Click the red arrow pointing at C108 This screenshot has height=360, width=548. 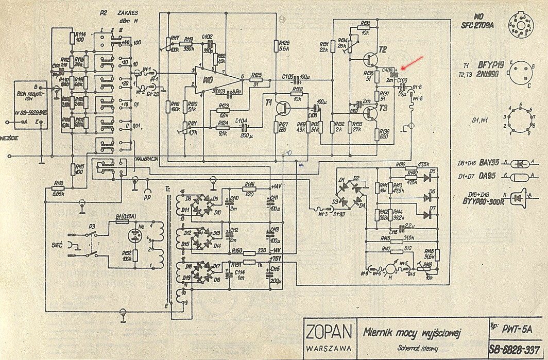point(414,62)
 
